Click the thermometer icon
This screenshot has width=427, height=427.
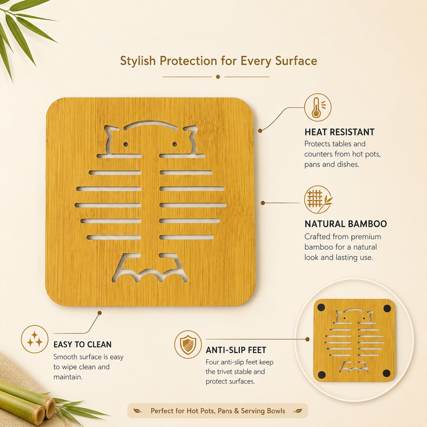[x=318, y=107]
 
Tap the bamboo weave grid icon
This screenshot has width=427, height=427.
[x=318, y=199]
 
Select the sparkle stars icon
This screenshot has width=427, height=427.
[x=35, y=339]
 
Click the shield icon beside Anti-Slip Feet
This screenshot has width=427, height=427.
[x=188, y=344]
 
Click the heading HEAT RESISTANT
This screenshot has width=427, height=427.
[x=339, y=132]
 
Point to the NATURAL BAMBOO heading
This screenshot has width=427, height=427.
[x=346, y=224]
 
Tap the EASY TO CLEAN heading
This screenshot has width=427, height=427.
[x=82, y=344]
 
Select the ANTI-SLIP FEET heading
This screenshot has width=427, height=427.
[x=236, y=350]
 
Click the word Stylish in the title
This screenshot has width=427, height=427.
[x=138, y=61]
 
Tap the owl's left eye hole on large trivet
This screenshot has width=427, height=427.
[x=126, y=145]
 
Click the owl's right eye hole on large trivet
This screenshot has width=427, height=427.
[x=175, y=145]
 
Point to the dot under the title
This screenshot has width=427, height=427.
[x=218, y=77]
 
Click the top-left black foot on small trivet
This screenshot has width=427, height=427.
[x=321, y=307]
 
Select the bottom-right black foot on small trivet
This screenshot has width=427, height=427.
[x=387, y=373]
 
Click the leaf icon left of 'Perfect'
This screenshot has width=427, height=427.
[x=138, y=411]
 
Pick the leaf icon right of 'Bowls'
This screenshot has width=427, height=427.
[x=298, y=411]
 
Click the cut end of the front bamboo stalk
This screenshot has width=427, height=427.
[x=38, y=416]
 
